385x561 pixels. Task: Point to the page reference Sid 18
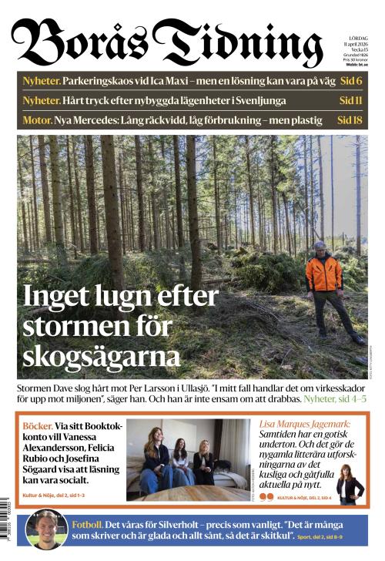click(x=350, y=120)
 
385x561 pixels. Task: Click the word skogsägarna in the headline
click(x=101, y=355)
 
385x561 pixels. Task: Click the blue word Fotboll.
click(x=88, y=524)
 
